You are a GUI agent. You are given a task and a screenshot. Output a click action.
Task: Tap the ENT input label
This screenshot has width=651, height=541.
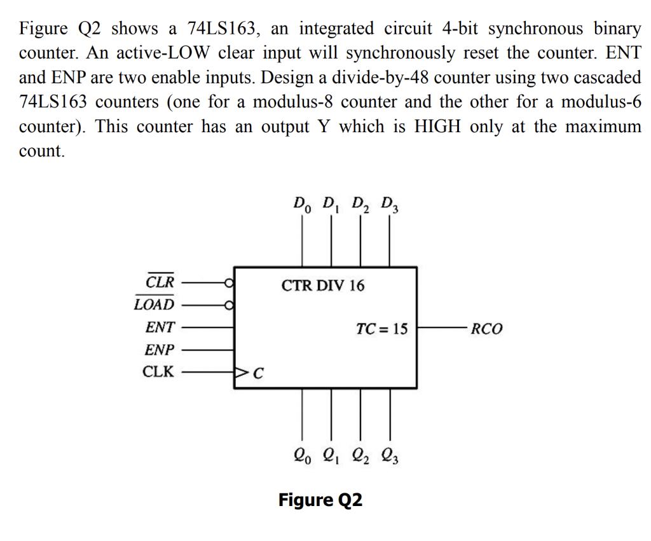(x=159, y=327)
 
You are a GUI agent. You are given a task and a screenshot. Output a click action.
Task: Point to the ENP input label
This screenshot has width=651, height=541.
(x=159, y=350)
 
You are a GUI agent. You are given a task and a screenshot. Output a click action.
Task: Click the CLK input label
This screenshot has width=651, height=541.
(x=158, y=372)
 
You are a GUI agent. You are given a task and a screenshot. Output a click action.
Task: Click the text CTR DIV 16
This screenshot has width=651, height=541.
(x=323, y=285)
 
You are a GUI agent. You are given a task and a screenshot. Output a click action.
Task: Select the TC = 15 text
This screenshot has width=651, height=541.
(x=381, y=329)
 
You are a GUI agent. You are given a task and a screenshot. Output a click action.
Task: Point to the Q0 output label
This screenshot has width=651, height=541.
(x=302, y=455)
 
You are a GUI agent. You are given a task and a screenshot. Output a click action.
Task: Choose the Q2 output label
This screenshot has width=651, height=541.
(x=360, y=455)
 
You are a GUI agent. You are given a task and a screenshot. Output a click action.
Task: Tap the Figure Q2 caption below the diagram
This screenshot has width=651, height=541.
(x=320, y=500)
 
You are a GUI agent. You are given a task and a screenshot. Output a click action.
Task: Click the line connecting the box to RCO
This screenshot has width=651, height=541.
(x=442, y=329)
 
